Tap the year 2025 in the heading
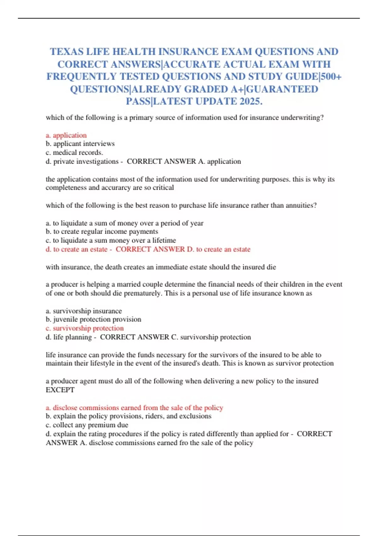pos(250,102)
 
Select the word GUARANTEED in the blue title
pos(283,89)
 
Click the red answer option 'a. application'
pos(66,135)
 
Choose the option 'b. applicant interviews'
pos(80,144)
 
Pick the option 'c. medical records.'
pos(74,153)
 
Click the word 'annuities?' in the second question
pos(301,205)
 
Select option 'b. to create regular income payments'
pos(102,231)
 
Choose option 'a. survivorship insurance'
pos(84,311)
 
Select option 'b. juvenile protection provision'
pos(94,319)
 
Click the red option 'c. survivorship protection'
pos(85,328)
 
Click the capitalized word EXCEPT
pos(60,390)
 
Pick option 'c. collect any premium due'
pos(87,425)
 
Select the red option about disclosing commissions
pos(135,408)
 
